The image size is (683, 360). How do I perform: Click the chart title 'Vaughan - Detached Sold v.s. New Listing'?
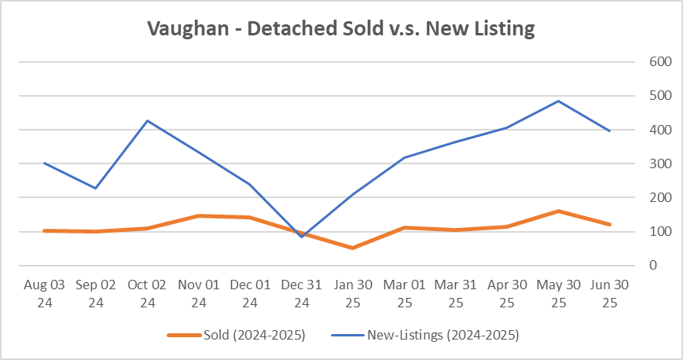[341, 30]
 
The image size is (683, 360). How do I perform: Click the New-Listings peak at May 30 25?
[558, 101]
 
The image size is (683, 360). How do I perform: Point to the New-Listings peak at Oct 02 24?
[147, 120]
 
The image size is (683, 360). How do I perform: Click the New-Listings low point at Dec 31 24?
[301, 237]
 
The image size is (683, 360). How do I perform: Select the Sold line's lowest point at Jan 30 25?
[352, 248]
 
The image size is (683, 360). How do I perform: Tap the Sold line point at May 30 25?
[558, 211]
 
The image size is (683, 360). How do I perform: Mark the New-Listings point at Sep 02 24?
[96, 188]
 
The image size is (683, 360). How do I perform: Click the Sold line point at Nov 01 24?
[198, 215]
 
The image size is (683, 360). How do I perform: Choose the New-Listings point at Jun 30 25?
[609, 130]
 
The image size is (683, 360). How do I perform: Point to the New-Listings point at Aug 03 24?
[44, 163]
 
